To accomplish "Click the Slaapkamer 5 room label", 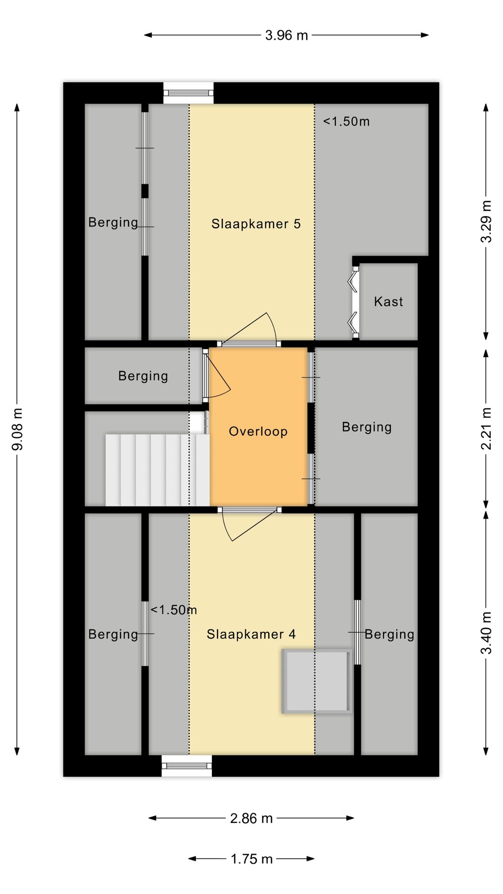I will pyautogui.click(x=256, y=224).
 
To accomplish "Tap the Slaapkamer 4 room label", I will pyautogui.click(x=251, y=634).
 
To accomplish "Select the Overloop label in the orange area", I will pyautogui.click(x=258, y=432).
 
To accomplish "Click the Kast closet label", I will pyautogui.click(x=388, y=302).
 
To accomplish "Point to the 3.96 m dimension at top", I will pyautogui.click(x=286, y=35).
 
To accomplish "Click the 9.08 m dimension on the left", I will pyautogui.click(x=18, y=429).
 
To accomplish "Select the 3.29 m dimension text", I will pyautogui.click(x=486, y=222).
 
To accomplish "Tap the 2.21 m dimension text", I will pyautogui.click(x=486, y=429).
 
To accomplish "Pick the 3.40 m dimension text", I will pyautogui.click(x=486, y=633).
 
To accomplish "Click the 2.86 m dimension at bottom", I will pyautogui.click(x=251, y=818).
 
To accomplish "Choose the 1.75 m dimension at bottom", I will pyautogui.click(x=251, y=859).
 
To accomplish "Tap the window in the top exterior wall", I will pyautogui.click(x=189, y=93).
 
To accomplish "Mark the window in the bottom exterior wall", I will pyautogui.click(x=187, y=765).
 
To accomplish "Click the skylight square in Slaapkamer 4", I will pyautogui.click(x=316, y=681).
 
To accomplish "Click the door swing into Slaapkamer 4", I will pyautogui.click(x=249, y=525).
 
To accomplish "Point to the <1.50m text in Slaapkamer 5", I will pyautogui.click(x=347, y=122).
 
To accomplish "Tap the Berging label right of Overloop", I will pyautogui.click(x=367, y=427).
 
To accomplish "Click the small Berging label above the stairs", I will pyautogui.click(x=143, y=376).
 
